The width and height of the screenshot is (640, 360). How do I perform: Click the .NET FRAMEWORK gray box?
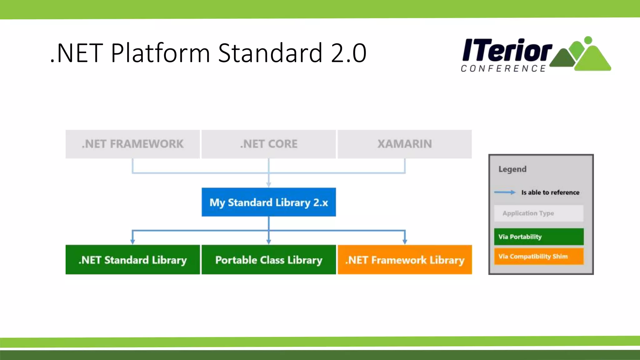pos(132,144)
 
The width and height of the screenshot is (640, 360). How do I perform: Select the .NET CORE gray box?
pos(268,144)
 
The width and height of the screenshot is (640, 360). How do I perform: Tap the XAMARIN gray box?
pos(404,144)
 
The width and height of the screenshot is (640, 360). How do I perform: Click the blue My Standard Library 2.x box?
pos(268,202)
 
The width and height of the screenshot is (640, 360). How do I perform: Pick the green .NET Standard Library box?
pos(132,260)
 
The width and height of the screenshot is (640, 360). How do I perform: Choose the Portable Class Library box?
pos(268,260)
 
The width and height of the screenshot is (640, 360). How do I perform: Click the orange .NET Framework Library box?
pos(405,260)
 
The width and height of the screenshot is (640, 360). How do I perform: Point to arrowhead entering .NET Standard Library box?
pos(132,242)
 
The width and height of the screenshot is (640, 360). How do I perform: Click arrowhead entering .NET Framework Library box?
pos(405,242)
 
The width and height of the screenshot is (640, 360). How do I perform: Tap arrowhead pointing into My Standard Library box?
pos(268,185)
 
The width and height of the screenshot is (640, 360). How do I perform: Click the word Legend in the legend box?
pos(512,169)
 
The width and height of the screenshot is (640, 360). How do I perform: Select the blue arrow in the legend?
pos(505,192)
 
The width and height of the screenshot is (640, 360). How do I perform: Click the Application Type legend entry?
pos(538,213)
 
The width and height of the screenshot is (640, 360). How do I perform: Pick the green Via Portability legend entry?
pos(538,237)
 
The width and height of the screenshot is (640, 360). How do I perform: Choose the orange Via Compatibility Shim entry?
pos(538,256)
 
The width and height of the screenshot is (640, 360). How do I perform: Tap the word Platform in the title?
pos(160,53)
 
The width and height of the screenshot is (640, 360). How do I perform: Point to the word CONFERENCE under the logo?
pos(503,68)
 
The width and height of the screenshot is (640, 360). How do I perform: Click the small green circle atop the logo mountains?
pos(588,40)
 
